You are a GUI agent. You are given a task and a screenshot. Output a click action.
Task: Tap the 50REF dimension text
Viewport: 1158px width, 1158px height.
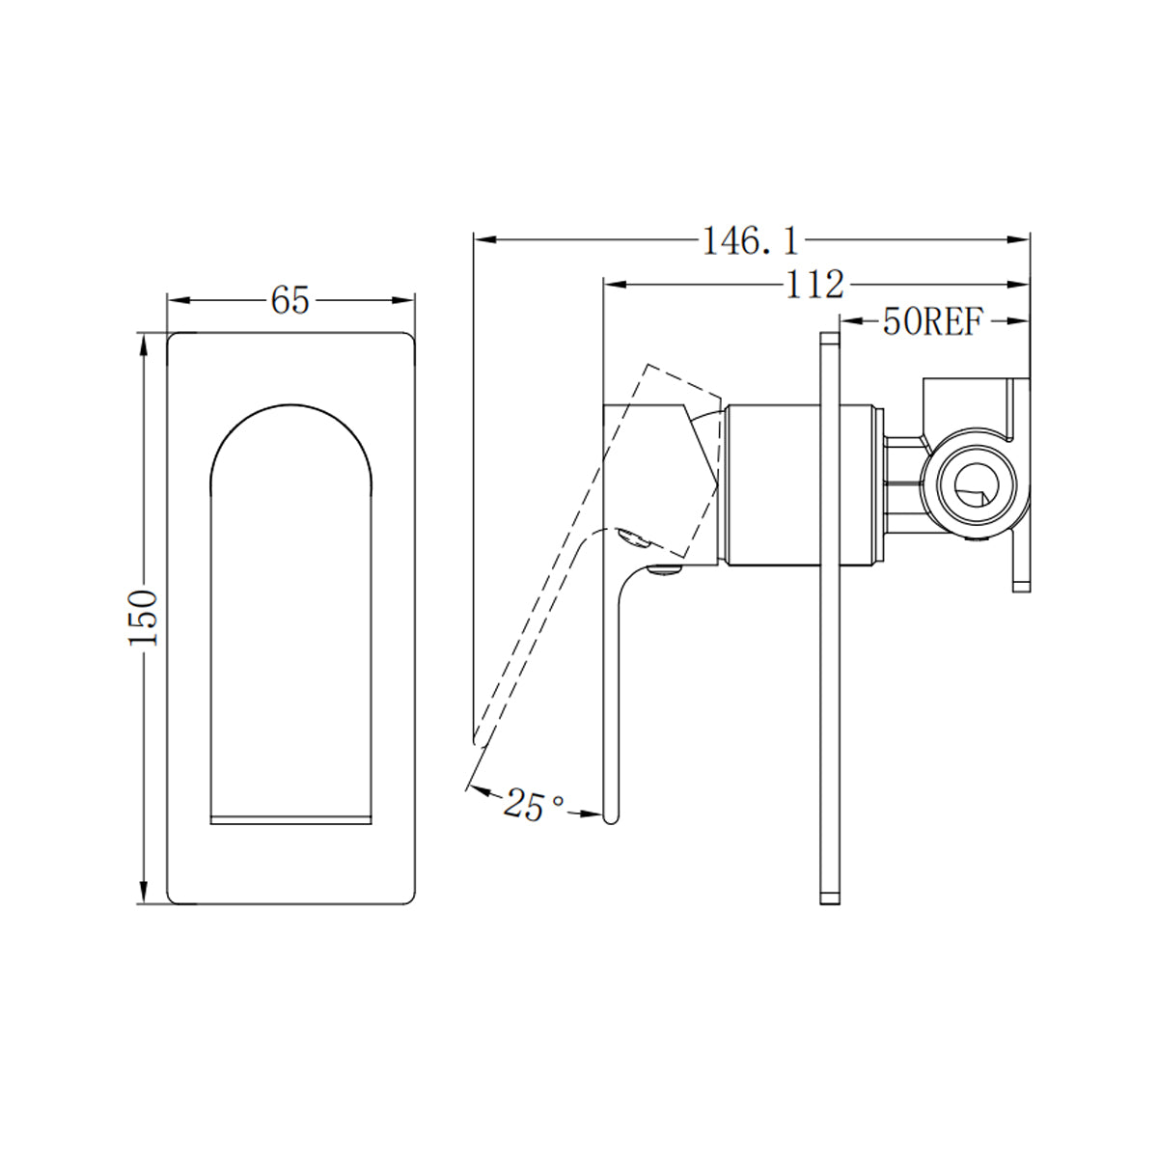(930, 322)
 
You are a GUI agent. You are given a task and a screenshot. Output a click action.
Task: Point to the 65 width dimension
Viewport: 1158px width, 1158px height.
(289, 301)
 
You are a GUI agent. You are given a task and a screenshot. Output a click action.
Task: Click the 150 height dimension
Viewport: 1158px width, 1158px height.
(144, 618)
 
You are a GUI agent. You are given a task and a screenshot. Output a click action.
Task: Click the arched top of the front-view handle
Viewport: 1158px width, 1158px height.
(289, 410)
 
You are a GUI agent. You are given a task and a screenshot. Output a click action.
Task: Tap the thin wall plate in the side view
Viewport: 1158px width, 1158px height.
(829, 618)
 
